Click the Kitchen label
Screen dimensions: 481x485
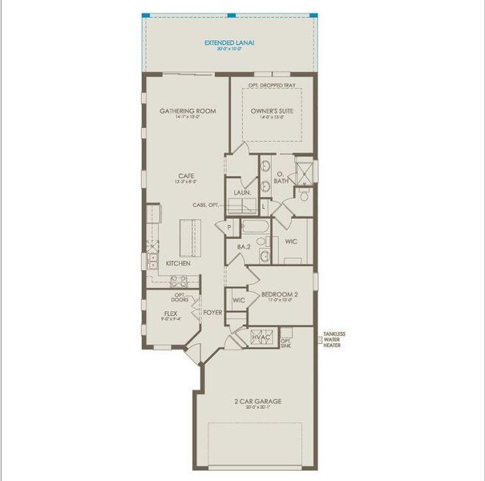(x=177, y=263)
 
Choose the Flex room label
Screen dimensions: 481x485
(x=170, y=313)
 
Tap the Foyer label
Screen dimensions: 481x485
(x=212, y=313)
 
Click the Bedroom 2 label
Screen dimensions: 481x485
(x=280, y=295)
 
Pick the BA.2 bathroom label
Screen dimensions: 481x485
(x=244, y=247)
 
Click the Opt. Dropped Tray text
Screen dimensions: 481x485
(x=270, y=84)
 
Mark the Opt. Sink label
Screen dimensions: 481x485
(x=286, y=344)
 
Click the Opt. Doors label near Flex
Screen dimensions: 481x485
(x=180, y=297)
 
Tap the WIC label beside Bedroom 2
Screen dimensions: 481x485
(x=238, y=301)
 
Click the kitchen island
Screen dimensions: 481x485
(x=192, y=237)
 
